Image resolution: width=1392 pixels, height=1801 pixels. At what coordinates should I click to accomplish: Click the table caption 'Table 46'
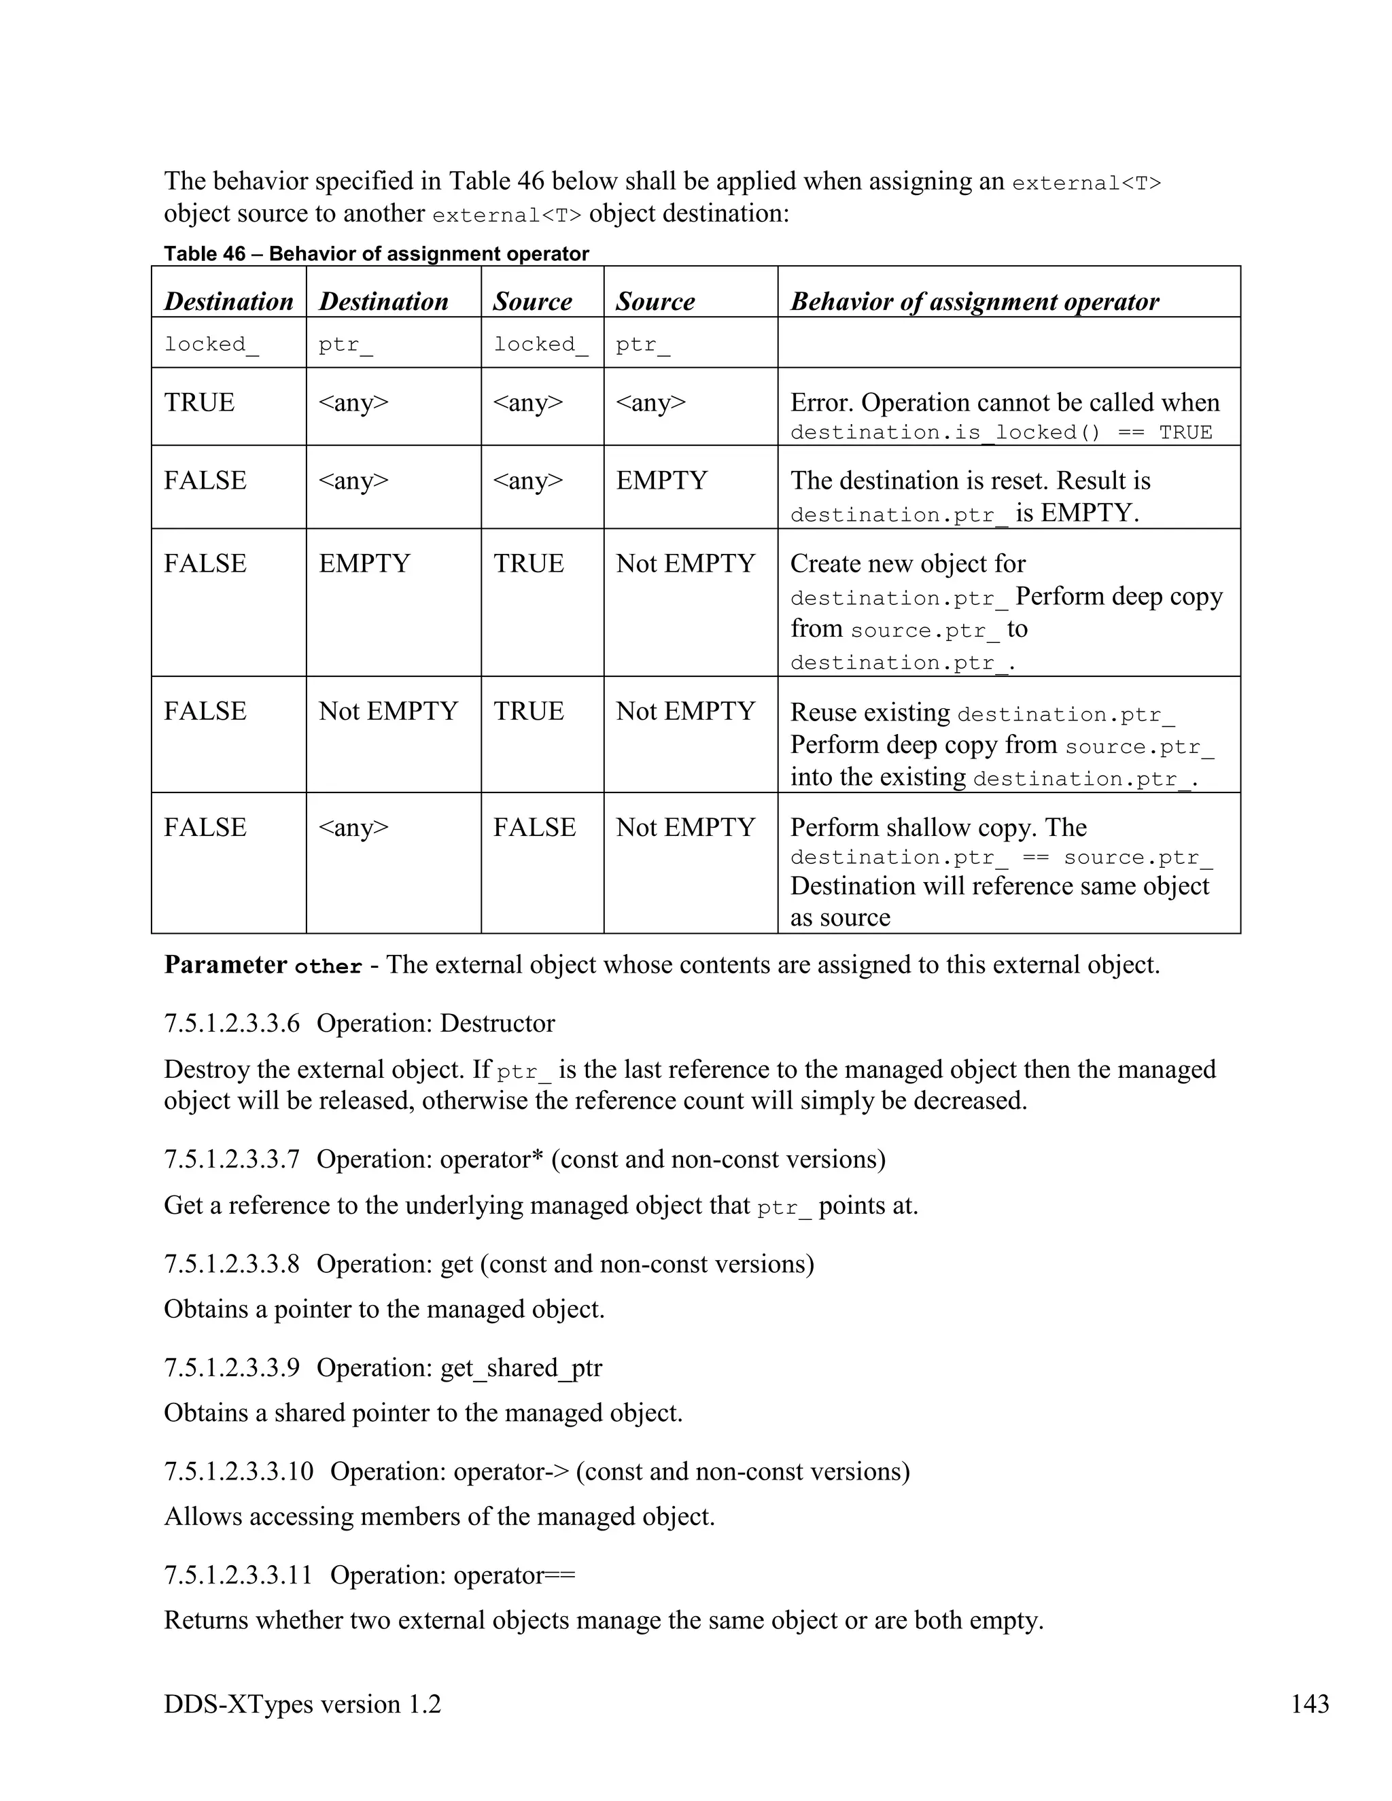coord(205,253)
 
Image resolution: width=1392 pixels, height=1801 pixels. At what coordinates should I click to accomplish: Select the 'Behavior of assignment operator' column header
coord(974,302)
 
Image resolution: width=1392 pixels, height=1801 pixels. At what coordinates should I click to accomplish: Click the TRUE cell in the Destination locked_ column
coord(198,402)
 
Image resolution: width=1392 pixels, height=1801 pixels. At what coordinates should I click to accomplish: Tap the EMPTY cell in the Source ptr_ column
coord(661,480)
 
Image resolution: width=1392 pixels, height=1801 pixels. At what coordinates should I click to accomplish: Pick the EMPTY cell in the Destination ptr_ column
coord(364,563)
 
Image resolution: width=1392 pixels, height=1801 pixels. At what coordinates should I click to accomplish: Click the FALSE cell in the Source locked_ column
coord(534,827)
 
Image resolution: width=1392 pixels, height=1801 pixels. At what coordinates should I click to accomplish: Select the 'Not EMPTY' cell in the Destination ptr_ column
coord(387,711)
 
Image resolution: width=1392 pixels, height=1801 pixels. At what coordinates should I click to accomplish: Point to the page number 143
coord(1310,1704)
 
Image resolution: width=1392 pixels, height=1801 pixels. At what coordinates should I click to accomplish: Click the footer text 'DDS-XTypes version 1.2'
coord(302,1704)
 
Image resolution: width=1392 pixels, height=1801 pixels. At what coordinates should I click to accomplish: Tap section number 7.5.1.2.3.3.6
coord(232,1024)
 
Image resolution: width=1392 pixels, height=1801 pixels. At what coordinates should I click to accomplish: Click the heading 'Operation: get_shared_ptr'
coord(459,1368)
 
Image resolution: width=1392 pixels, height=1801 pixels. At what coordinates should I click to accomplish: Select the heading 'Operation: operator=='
coord(453,1575)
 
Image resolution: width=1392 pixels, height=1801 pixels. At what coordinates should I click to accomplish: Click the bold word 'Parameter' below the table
coord(225,965)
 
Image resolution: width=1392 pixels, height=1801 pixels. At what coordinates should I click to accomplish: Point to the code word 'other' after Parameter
coord(328,966)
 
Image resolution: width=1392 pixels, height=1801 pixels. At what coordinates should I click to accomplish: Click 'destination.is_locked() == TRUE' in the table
coord(1000,433)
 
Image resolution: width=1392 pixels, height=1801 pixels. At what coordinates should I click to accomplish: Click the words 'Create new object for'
coord(907,564)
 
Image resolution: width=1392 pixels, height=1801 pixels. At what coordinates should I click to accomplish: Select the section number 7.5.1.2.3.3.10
coord(239,1472)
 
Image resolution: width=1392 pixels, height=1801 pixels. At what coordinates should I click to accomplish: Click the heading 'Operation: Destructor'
coord(436,1024)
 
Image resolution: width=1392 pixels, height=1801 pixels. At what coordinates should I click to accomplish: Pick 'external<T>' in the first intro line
coord(1085,183)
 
